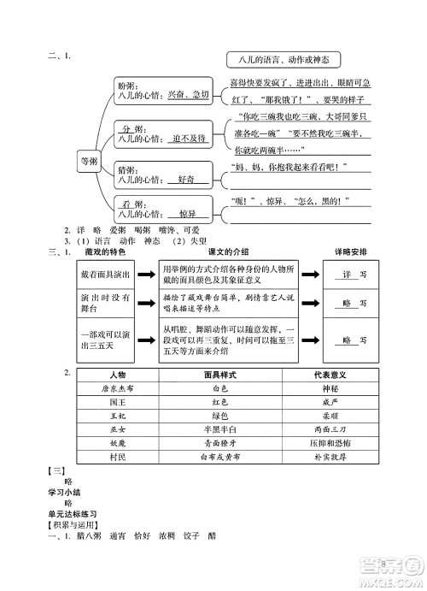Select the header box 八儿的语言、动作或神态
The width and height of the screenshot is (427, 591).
[x=284, y=60]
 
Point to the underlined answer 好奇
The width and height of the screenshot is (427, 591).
[x=182, y=180]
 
